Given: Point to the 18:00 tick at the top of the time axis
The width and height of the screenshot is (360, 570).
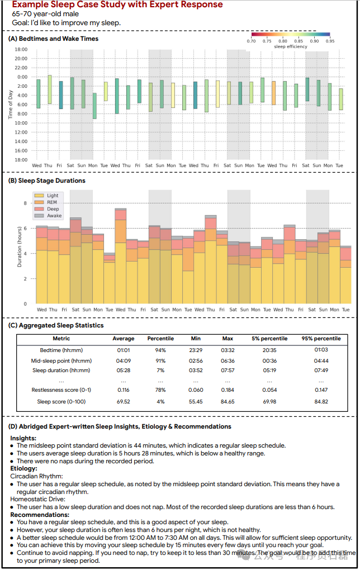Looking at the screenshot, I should tap(21, 49).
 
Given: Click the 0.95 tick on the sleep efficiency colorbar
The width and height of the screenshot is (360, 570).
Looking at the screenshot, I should tap(330, 41).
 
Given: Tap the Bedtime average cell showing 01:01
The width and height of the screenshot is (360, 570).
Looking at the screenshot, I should tap(124, 350).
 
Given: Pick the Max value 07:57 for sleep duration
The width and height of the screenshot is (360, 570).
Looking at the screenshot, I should tap(228, 370).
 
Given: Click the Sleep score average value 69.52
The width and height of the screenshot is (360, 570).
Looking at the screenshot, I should tap(124, 402).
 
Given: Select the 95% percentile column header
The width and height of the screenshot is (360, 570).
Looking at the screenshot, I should tap(321, 339).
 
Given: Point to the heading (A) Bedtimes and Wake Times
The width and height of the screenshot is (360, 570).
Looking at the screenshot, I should tap(53, 39).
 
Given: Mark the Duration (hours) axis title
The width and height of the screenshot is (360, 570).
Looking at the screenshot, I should tap(20, 246).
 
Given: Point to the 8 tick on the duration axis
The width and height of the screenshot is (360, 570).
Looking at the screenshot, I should tap(25, 203).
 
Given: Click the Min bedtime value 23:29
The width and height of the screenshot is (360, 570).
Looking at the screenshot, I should tap(195, 350).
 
